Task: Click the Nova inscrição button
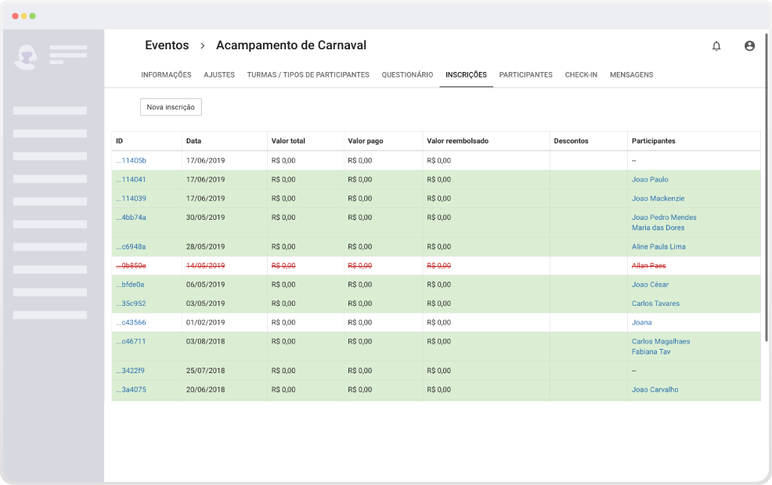tap(171, 107)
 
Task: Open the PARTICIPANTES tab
tap(526, 75)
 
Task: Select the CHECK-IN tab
tap(581, 75)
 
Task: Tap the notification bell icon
tap(716, 46)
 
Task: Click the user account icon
tap(749, 45)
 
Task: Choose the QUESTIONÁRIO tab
tap(407, 75)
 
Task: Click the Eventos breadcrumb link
tap(167, 45)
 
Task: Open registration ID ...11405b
tap(131, 160)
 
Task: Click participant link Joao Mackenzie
tap(658, 199)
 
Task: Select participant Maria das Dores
tap(658, 228)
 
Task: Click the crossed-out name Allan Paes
tap(648, 266)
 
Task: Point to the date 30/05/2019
tap(205, 217)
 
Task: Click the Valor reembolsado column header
tap(457, 141)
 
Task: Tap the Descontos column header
tap(571, 141)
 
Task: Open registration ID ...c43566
tap(131, 322)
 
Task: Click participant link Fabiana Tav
tap(651, 352)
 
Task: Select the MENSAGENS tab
tap(631, 75)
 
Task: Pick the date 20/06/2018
tap(205, 390)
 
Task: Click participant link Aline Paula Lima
tap(658, 247)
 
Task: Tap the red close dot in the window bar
tap(15, 16)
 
